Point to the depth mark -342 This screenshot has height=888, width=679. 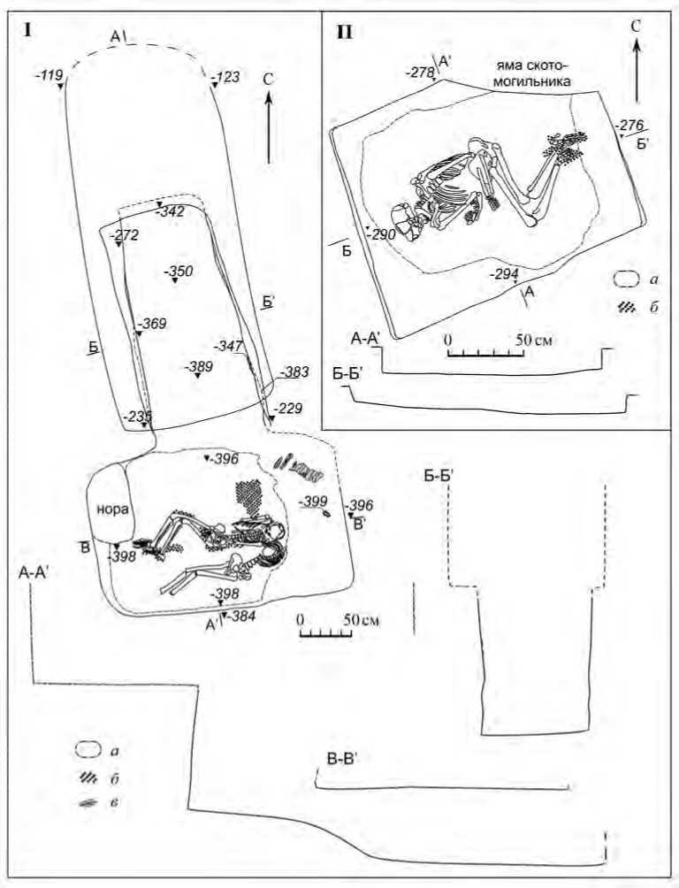(170, 212)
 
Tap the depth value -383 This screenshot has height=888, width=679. (294, 373)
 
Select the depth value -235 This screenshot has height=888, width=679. (136, 416)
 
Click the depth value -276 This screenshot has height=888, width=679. (633, 125)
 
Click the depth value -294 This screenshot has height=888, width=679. (504, 274)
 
